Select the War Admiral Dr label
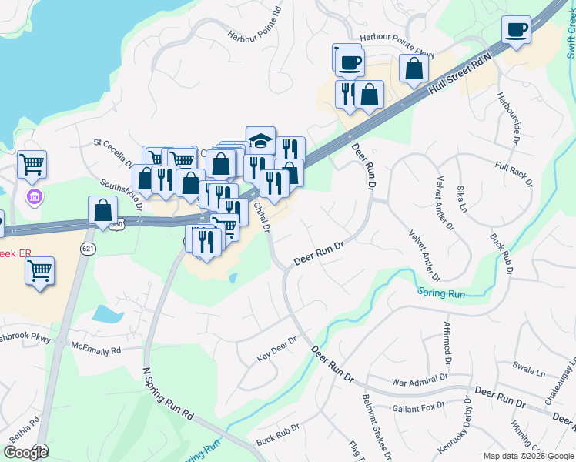point(419,380)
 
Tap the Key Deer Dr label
point(276,350)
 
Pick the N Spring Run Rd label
point(168,392)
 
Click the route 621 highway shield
point(88,249)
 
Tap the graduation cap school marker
point(260,139)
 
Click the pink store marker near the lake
point(33,198)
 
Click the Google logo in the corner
point(25,453)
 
